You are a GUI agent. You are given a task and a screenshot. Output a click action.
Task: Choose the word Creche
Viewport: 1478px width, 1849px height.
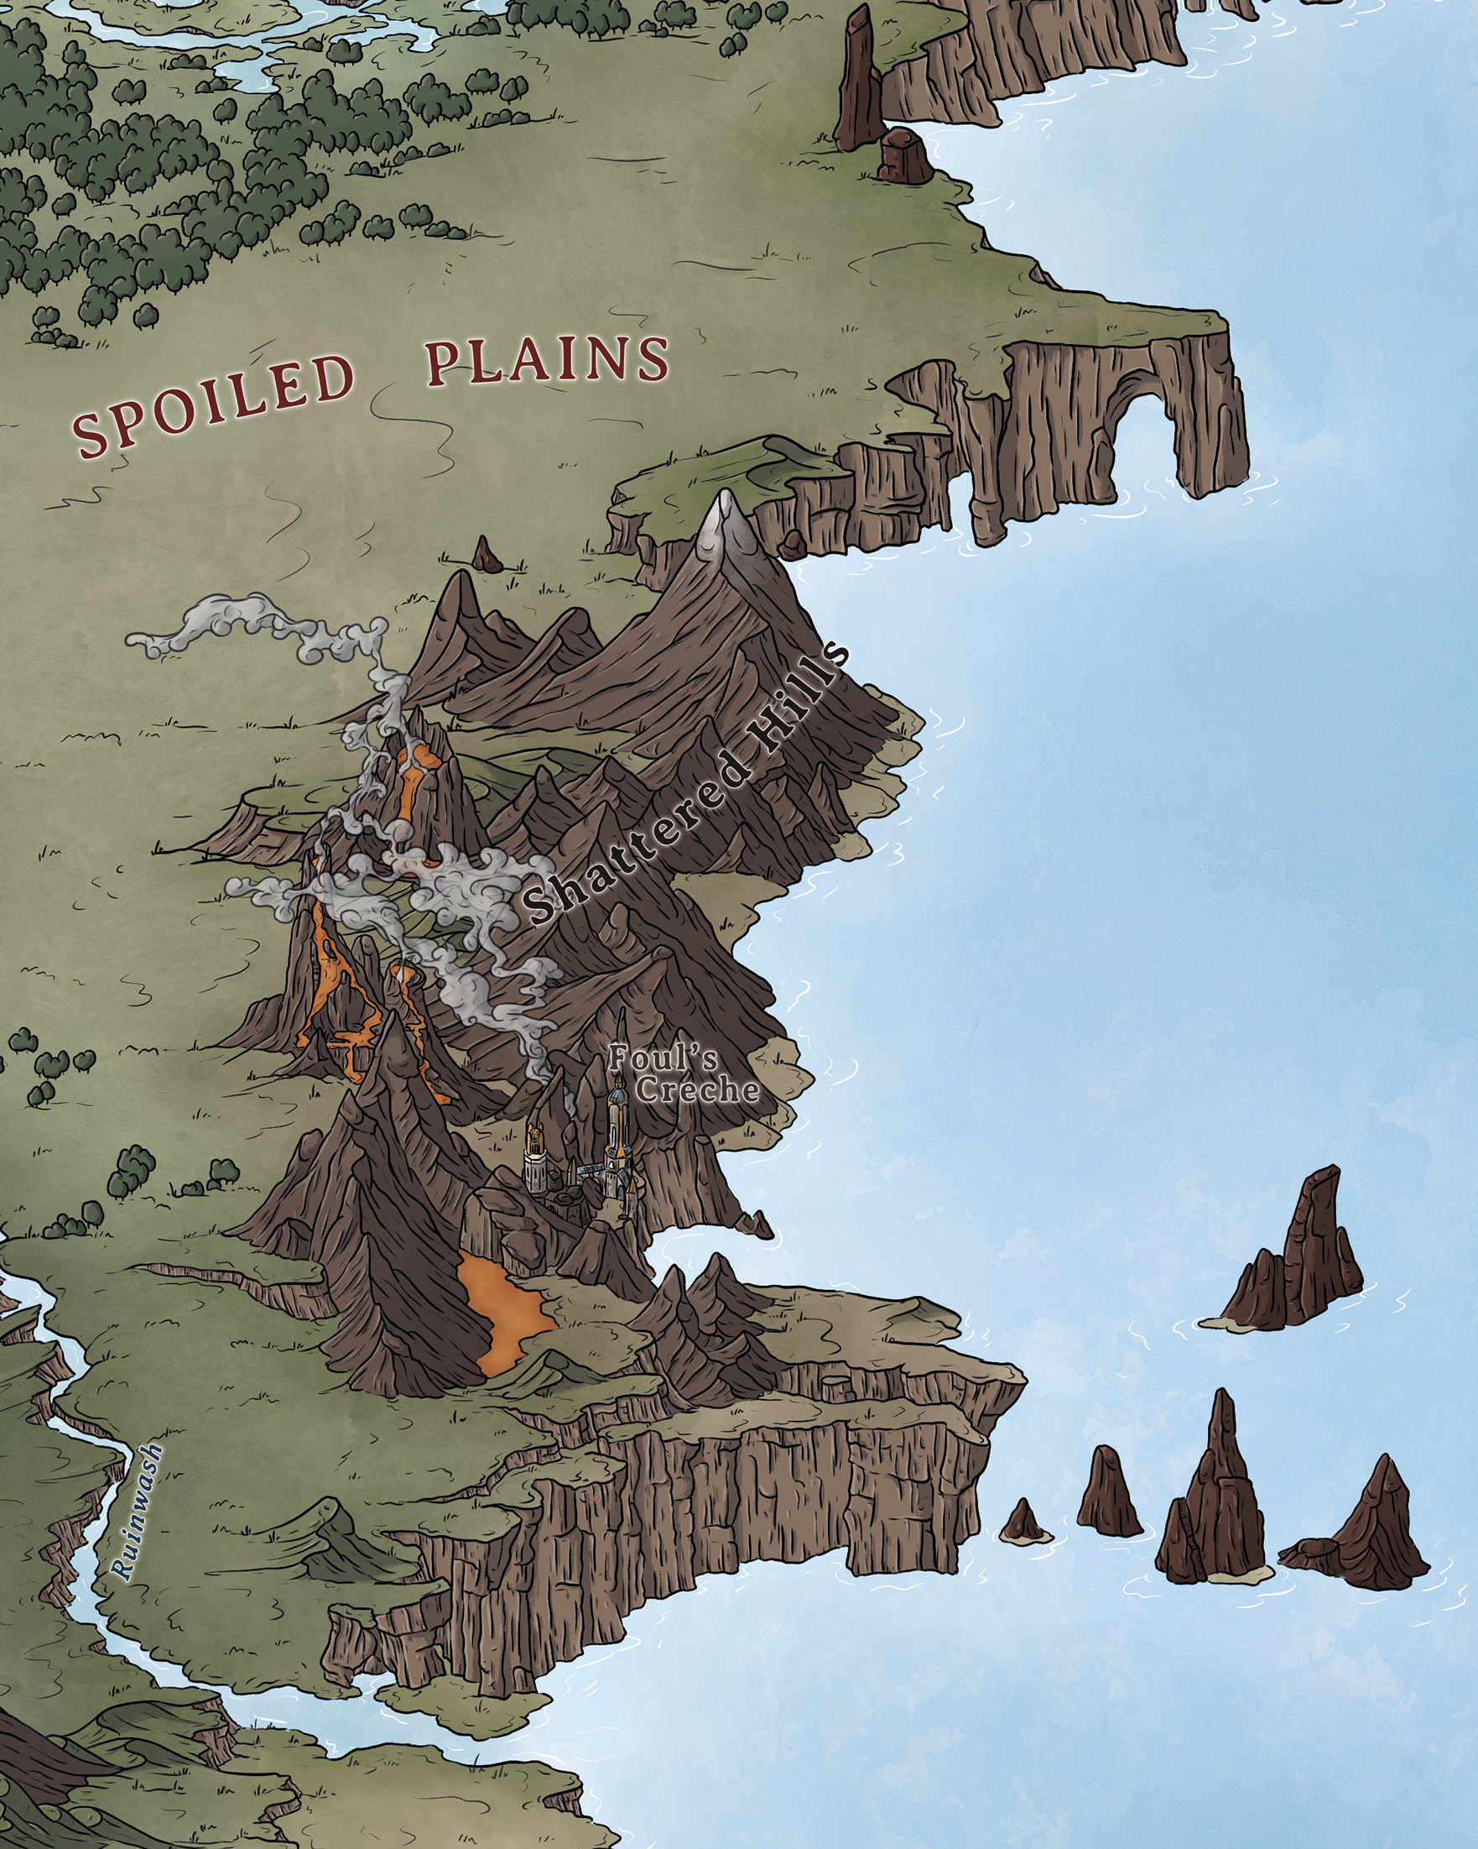coord(699,1090)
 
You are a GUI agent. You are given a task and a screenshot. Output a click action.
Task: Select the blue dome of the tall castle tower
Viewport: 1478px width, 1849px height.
coord(617,1098)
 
